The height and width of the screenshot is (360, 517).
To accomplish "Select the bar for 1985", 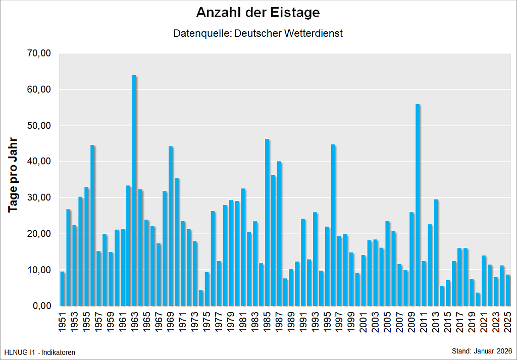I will click(x=267, y=223).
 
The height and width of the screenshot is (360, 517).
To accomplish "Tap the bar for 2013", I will click(x=436, y=252).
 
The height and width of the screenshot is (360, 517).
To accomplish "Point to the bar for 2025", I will click(x=508, y=290).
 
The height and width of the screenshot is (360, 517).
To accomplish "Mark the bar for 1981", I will click(x=243, y=247).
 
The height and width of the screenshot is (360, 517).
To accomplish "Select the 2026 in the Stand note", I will click(x=504, y=351).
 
